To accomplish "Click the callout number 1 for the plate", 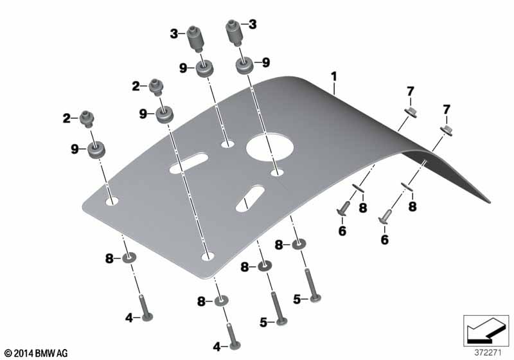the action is pos(333,77).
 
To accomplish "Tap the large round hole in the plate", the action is pos(269,147).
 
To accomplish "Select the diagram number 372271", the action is pos(488,353).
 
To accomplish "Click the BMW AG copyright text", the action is pos(36,353).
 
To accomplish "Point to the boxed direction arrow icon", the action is pos(486,331).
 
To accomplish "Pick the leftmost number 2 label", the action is pos(67,118).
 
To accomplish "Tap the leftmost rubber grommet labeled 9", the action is pos(96,150).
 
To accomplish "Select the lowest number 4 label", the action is pos(217,346).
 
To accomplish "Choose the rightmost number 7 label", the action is pos(446,109).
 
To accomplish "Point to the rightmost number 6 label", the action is pos(384,240).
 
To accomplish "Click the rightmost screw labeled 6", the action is pos(384,217).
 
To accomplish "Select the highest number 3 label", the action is pos(253,24).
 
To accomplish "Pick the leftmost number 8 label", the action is pos(109,258).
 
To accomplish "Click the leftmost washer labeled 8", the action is pos(130,258).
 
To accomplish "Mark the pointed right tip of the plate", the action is pos(490,203).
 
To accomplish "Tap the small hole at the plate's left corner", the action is pos(112,201).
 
